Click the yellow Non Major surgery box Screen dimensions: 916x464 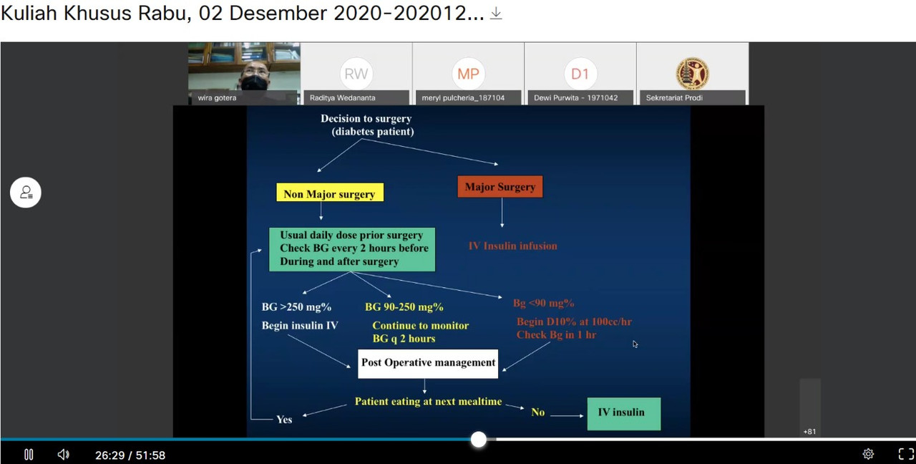[330, 193]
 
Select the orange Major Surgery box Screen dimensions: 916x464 [500, 187]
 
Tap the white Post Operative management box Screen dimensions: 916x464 [428, 363]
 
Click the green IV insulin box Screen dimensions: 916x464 [623, 414]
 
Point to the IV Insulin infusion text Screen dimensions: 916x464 [512, 246]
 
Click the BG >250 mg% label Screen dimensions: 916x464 [296, 307]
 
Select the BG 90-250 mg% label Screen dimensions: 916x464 [404, 307]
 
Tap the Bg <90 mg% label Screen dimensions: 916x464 [543, 303]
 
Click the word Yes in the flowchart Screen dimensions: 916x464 [284, 420]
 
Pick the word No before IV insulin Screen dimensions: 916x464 [537, 412]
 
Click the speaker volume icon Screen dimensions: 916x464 [64, 455]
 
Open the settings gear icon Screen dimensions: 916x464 [868, 454]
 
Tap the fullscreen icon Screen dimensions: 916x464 [906, 454]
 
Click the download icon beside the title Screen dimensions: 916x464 [496, 14]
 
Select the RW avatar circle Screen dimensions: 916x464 [356, 74]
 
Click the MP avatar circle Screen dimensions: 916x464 [468, 74]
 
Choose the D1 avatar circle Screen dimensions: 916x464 [580, 74]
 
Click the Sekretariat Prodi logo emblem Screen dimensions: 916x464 [692, 74]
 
